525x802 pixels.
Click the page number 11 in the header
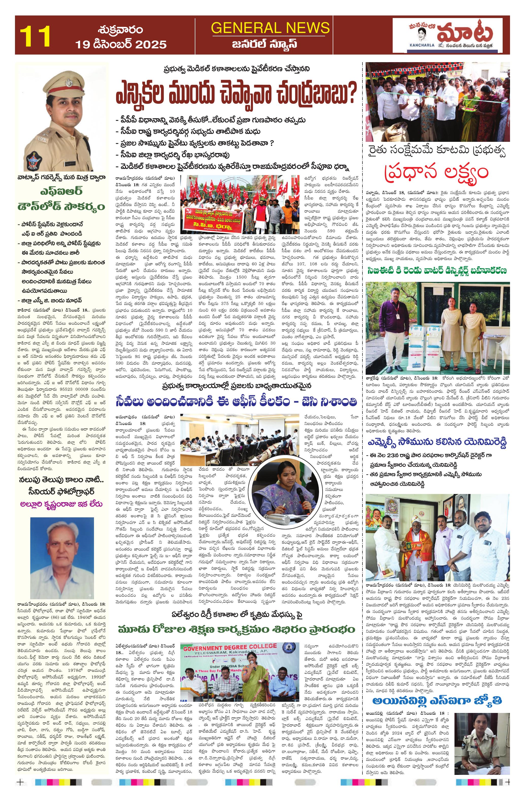(x=35, y=36)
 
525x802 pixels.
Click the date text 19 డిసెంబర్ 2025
(x=120, y=44)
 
